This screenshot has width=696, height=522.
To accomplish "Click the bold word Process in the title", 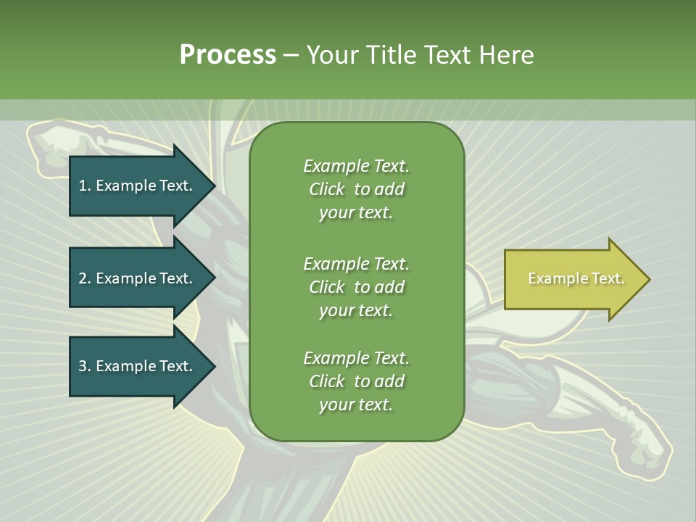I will [228, 55].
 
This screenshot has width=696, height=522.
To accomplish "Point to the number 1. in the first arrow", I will [84, 186].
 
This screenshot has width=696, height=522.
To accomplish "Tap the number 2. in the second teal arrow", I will [84, 278].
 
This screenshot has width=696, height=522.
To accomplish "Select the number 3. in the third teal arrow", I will [84, 366].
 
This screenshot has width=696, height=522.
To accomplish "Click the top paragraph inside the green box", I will [356, 189].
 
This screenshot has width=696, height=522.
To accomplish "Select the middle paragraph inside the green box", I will [356, 287].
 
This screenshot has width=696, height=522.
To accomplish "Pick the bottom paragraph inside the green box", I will [356, 381].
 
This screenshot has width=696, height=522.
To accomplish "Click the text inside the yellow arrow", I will [576, 278].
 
